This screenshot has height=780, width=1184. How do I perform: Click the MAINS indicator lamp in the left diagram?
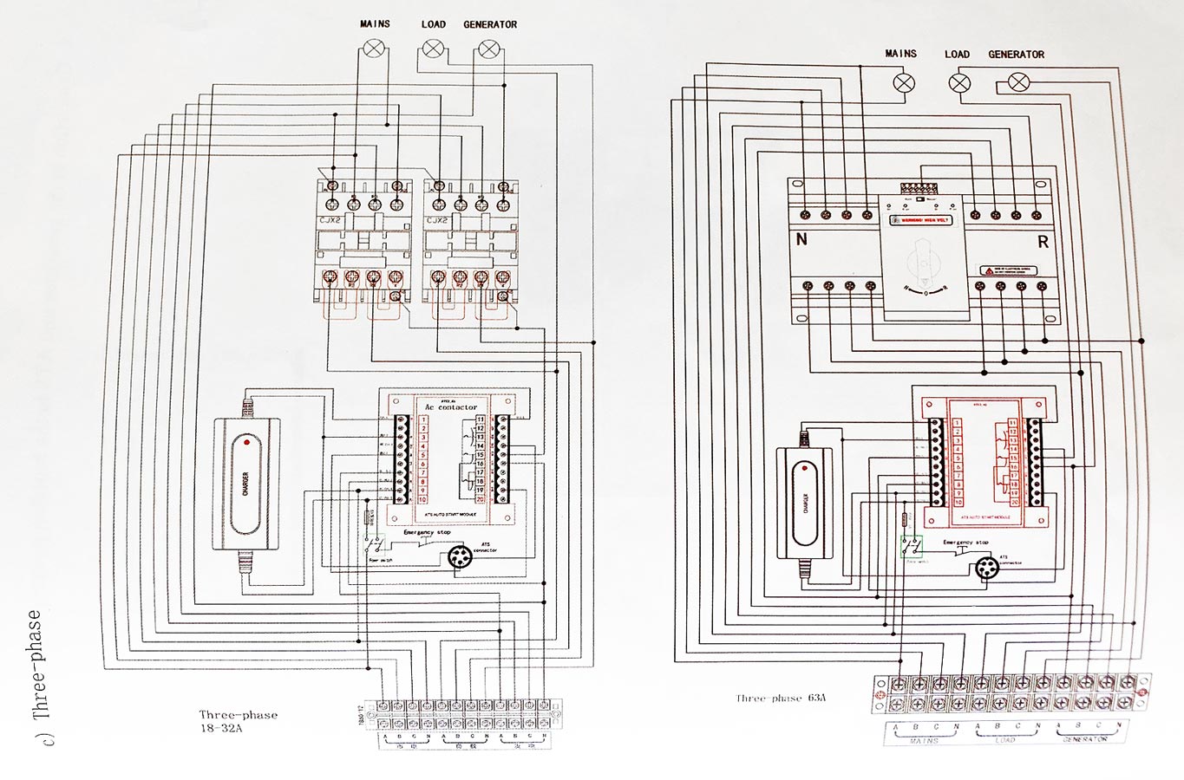(x=374, y=49)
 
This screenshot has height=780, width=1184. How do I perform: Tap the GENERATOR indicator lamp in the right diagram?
(x=1018, y=82)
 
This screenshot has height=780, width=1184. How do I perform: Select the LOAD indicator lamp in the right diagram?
(x=958, y=83)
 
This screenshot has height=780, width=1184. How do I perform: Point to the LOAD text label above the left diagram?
(x=433, y=24)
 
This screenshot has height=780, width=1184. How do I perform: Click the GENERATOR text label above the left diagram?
(x=490, y=24)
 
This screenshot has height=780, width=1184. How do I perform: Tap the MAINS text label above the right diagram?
(x=900, y=54)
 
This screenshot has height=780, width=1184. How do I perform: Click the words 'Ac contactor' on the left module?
(x=450, y=407)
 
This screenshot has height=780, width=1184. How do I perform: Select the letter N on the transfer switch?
(x=801, y=239)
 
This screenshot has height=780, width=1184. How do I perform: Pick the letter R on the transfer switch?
(x=1043, y=242)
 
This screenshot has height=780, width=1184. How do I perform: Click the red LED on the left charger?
(x=247, y=442)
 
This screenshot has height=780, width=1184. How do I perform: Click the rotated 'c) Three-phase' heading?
(x=35, y=676)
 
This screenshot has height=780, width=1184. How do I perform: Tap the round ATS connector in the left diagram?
(x=460, y=557)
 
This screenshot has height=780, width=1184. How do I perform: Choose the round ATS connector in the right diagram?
(x=985, y=569)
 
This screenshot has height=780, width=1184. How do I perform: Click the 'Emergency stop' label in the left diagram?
(x=427, y=532)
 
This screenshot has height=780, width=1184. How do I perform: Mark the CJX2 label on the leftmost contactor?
(x=330, y=220)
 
